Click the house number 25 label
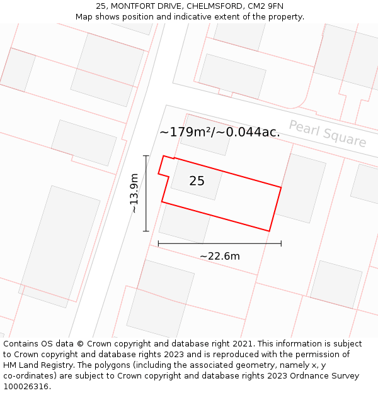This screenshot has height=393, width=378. click(197, 181)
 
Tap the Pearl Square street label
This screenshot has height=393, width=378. click(328, 133)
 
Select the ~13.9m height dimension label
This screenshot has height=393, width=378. click(134, 194)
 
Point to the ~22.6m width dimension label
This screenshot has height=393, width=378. click(219, 256)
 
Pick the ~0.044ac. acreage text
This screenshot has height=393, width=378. click(249, 132)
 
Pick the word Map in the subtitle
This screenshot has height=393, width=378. click(84, 17)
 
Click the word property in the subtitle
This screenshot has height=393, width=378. click(284, 17)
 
